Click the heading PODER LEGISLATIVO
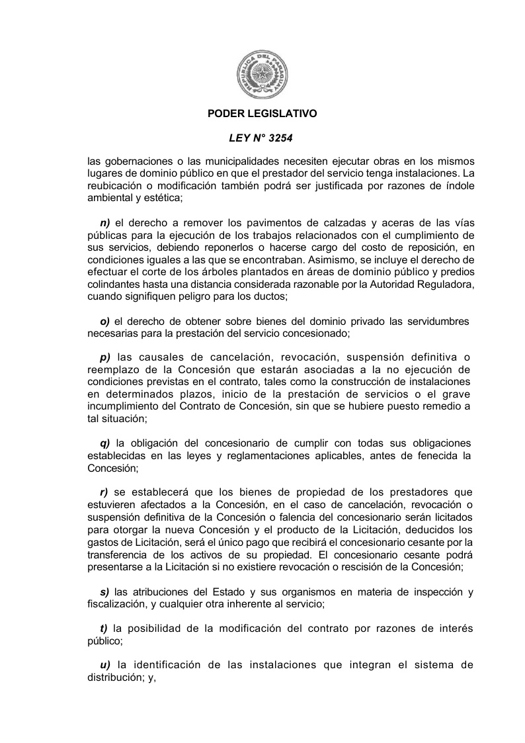pyautogui.click(x=262, y=114)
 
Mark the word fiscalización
pyautogui.click(x=117, y=603)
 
